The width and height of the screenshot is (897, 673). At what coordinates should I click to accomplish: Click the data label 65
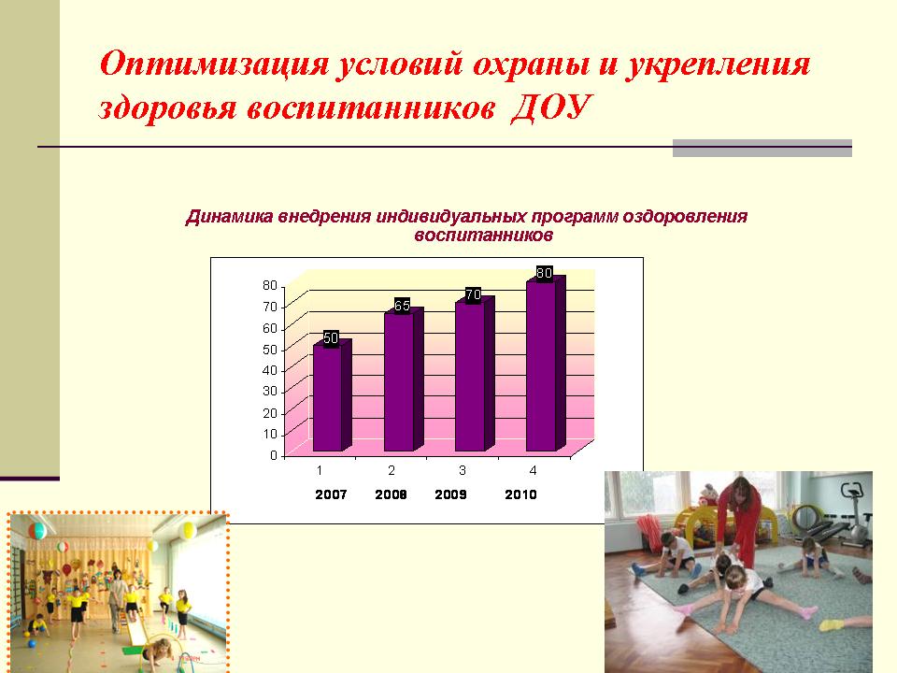coord(402,306)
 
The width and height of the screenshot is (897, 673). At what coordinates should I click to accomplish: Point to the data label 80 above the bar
coord(544,273)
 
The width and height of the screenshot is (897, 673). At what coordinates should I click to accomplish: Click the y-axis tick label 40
coord(269,370)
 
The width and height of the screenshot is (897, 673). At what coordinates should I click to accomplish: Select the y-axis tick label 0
coord(274,455)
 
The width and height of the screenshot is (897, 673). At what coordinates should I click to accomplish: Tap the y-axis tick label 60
coord(269,328)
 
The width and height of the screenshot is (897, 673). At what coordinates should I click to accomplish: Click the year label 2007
coord(331,494)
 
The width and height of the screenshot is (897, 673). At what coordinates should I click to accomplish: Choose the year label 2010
coord(520,494)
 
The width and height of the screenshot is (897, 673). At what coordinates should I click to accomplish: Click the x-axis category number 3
coord(463,470)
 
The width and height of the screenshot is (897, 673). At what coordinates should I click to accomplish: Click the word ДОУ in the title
coord(549,107)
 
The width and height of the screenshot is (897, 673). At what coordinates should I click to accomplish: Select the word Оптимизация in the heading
coord(215,64)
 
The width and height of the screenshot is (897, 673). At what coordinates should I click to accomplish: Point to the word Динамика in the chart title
coord(230,217)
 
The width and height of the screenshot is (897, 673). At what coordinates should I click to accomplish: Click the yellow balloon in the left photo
coord(187,531)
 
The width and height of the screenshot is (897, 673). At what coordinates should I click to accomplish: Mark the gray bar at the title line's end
coord(762,148)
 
